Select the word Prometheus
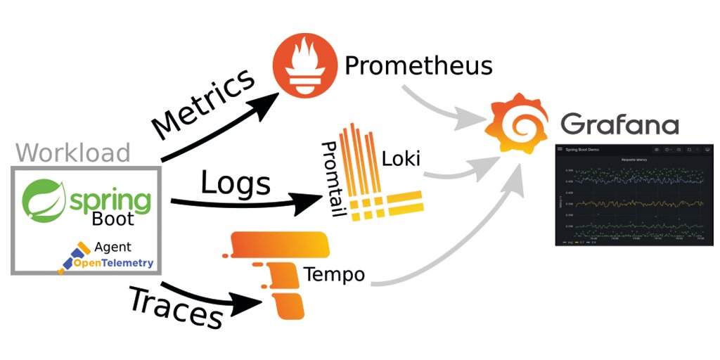click(x=418, y=67)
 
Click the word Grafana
click(x=619, y=124)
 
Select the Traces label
click(x=176, y=307)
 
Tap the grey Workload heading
click(x=74, y=153)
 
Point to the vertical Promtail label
click(x=330, y=179)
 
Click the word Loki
click(x=401, y=159)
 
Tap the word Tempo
click(x=334, y=274)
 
